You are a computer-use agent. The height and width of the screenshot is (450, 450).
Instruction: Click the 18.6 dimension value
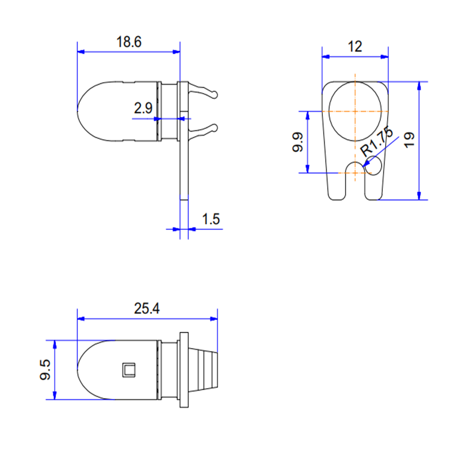coord(129,42)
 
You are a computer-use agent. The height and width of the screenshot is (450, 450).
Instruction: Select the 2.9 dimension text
coord(143,108)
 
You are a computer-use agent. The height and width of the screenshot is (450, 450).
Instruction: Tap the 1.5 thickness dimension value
coord(211,219)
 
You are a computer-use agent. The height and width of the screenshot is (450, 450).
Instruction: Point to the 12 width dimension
coord(355,46)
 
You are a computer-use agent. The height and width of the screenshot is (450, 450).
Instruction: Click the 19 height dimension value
coord(409,140)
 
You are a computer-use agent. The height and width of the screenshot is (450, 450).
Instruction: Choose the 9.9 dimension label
coord(298,142)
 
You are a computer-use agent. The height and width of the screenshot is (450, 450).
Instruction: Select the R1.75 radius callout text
coord(377,142)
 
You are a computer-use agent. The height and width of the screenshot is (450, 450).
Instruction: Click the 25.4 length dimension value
coord(146,309)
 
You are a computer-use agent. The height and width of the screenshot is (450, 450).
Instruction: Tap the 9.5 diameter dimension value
coord(45,370)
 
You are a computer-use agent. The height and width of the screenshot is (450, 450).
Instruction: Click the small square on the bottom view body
coord(128,370)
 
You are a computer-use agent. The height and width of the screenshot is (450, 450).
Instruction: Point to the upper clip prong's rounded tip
coord(214,94)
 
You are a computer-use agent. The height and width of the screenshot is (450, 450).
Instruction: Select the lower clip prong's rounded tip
coord(214,128)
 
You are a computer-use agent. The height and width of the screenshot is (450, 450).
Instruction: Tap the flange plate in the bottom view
coord(184,370)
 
